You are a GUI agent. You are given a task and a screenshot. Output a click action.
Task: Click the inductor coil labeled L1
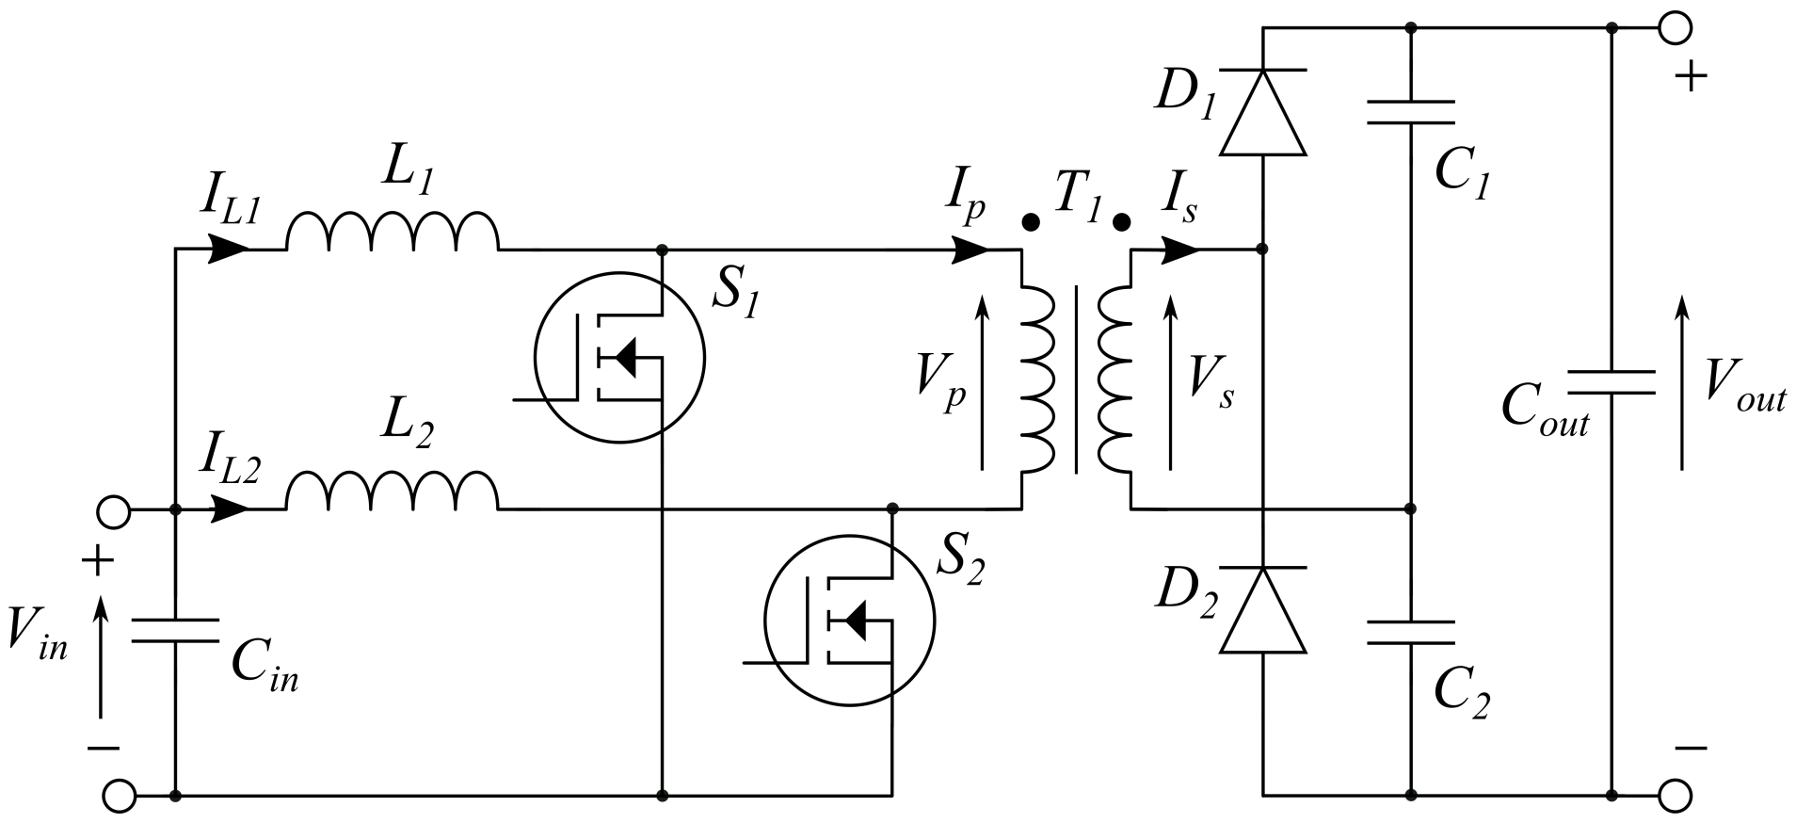[392, 234]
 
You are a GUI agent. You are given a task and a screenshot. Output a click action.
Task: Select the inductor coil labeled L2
[392, 492]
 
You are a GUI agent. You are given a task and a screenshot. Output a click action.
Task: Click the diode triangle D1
[1262, 112]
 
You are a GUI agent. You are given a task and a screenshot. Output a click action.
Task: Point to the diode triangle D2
[1262, 610]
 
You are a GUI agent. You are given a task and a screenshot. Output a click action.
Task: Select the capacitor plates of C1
[1410, 112]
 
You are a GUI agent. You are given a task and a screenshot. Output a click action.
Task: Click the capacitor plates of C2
[1410, 632]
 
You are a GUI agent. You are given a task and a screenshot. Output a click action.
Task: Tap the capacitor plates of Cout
[1611, 381]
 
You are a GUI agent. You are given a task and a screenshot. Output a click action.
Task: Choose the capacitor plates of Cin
[175, 631]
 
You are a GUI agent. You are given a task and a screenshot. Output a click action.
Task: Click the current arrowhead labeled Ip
[971, 250]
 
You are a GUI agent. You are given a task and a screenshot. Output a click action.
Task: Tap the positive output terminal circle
[1675, 28]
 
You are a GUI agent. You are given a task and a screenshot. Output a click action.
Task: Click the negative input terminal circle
[118, 796]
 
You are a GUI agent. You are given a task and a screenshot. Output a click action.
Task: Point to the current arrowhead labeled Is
[1181, 250]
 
